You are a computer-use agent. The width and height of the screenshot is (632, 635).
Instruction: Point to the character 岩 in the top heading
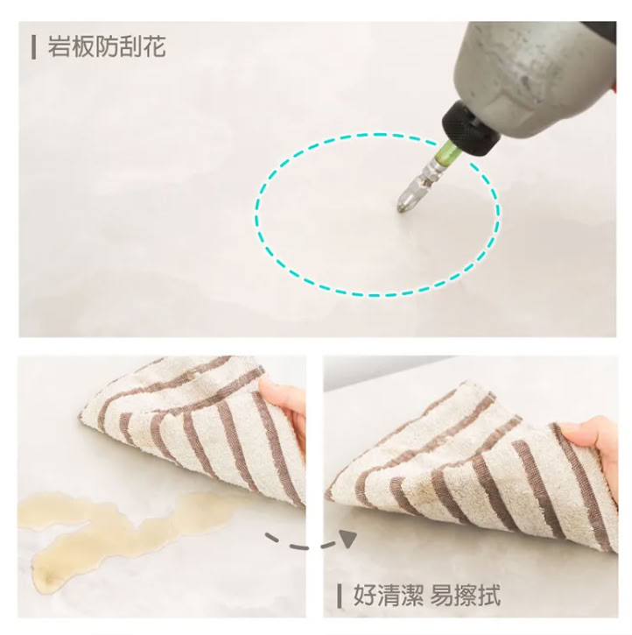(x=60, y=46)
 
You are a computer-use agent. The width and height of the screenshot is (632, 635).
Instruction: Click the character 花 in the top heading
(x=154, y=46)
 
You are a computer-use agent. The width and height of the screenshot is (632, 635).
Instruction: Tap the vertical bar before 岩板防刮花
(x=33, y=47)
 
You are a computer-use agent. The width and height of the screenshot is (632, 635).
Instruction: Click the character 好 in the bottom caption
(x=365, y=595)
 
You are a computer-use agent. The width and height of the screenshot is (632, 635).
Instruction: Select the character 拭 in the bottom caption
(x=489, y=595)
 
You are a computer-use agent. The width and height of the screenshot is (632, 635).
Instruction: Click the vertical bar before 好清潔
(x=340, y=596)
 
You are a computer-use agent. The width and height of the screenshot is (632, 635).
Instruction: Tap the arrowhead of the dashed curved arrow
(x=348, y=539)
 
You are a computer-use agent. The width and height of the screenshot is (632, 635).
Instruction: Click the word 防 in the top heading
(x=107, y=46)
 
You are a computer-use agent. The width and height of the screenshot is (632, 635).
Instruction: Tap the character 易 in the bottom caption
(x=442, y=595)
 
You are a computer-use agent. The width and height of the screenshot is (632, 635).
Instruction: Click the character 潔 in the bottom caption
(x=412, y=595)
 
